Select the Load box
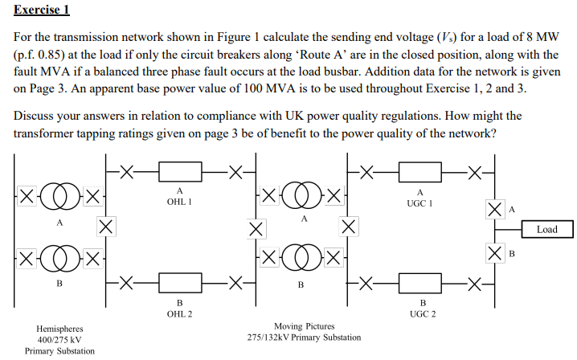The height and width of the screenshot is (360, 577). tap(546, 230)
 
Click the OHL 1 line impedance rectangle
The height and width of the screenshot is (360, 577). tap(179, 171)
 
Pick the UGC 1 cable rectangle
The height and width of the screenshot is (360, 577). tap(420, 171)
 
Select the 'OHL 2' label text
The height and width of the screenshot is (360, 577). tap(179, 313)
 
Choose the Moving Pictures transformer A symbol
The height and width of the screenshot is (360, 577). tap(304, 195)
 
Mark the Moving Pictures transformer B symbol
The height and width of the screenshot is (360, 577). tap(304, 259)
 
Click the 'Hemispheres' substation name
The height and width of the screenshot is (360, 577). tap(59, 329)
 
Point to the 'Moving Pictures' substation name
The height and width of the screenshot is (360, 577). tap(304, 326)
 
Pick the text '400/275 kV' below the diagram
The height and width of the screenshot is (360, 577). tap(59, 340)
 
